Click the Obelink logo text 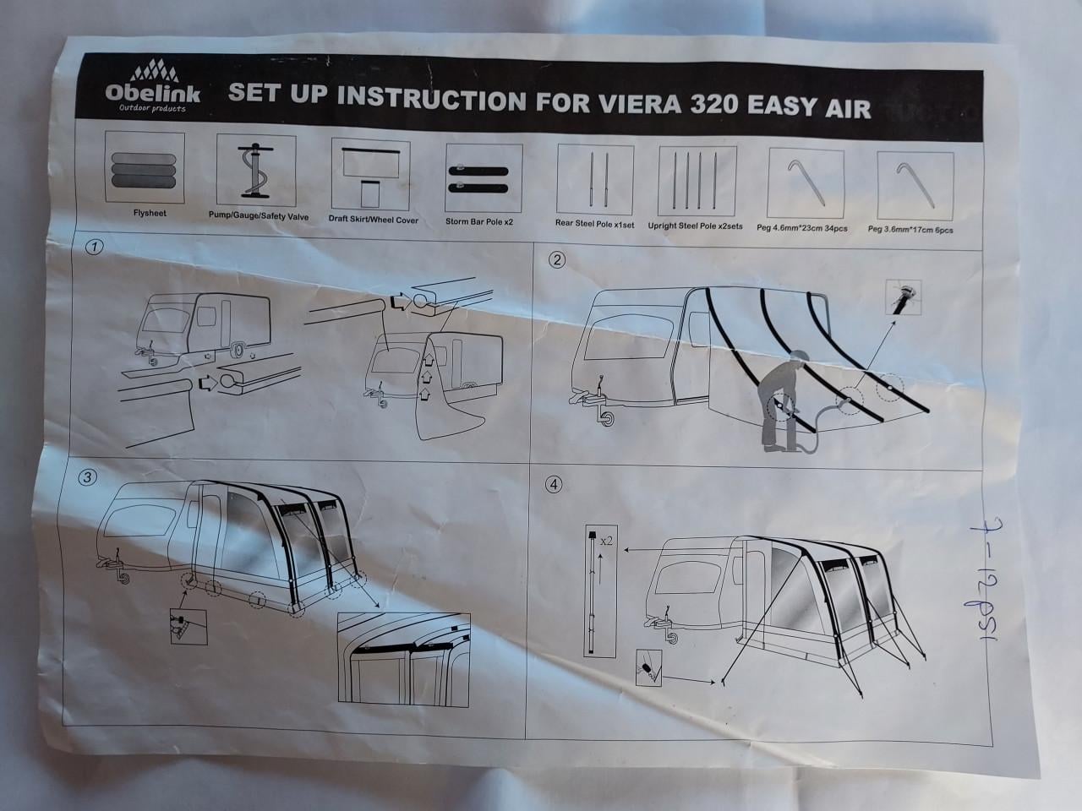(153, 92)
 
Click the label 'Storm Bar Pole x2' (479, 221)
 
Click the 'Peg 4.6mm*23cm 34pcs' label (806, 227)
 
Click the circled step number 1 (96, 248)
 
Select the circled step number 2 (556, 260)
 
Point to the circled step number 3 (87, 477)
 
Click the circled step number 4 (554, 485)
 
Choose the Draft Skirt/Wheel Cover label (373, 220)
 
